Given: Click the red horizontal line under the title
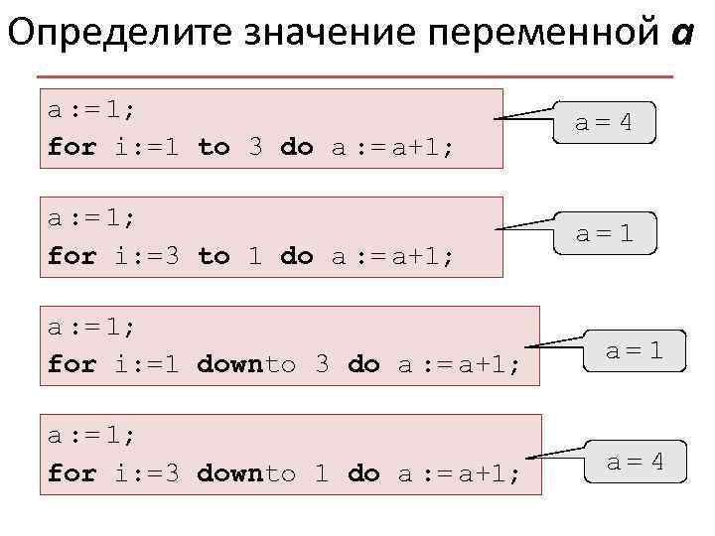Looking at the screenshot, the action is [x=354, y=76].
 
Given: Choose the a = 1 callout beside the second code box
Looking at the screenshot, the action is [x=603, y=235].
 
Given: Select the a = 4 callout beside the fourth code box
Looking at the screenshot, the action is [x=634, y=461].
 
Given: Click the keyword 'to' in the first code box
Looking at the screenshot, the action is [x=214, y=148].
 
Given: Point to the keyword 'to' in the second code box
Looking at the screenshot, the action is [x=214, y=256].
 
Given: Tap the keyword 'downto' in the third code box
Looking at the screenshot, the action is [x=246, y=364].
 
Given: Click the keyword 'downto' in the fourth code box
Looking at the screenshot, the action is [x=246, y=473].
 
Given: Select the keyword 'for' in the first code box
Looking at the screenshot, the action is [x=72, y=148].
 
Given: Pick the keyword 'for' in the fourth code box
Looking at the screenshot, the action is [x=72, y=473].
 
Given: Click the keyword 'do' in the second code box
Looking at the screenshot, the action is [x=297, y=256].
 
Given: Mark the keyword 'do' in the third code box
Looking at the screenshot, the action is [x=363, y=364].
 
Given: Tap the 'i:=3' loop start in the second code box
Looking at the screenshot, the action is [x=146, y=256].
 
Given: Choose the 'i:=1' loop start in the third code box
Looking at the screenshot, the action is [x=146, y=364].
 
